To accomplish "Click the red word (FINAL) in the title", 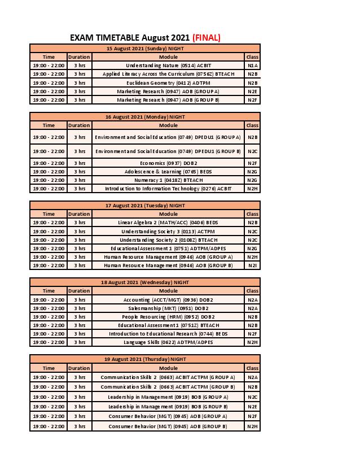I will (206, 38).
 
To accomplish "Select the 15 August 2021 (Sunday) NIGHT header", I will (145, 49).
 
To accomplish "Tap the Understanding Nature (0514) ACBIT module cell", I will (168, 66).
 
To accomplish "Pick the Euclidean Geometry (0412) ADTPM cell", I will (168, 82).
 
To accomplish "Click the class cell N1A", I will (252, 66).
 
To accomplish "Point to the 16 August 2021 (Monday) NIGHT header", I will (145, 117).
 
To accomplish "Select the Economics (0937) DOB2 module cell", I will (168, 163).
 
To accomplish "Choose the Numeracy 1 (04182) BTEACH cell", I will (168, 180).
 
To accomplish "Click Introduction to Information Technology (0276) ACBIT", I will (168, 189).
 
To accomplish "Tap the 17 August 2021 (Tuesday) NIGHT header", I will (145, 206).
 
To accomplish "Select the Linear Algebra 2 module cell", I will (168, 223).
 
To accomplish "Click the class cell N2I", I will (252, 265).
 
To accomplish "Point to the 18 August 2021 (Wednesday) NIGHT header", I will (145, 282).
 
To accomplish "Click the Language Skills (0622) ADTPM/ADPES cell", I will (168, 342).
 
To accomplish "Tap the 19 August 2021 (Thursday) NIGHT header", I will (145, 359).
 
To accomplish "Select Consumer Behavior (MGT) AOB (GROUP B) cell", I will (168, 426).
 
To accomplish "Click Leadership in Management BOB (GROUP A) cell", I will (168, 397).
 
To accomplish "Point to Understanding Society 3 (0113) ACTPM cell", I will (168, 231).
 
